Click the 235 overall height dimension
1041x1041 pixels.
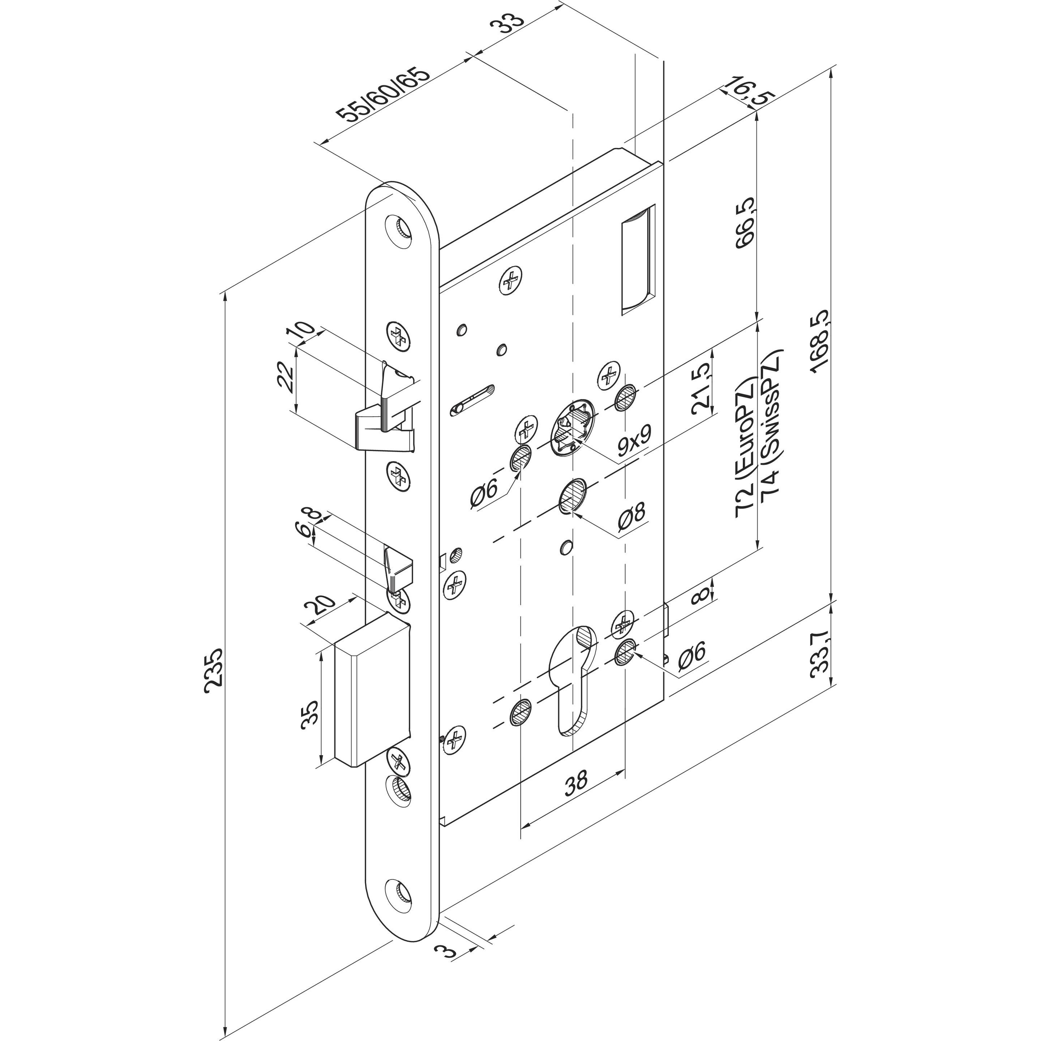[214, 667]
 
